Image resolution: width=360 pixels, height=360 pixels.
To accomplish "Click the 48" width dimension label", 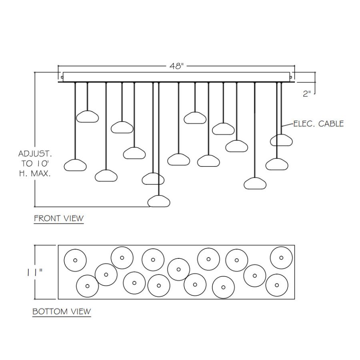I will tap(176, 66).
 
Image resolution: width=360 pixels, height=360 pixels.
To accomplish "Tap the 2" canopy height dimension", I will tap(307, 94).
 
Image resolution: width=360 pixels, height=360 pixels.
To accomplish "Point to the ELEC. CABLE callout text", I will tap(318, 124).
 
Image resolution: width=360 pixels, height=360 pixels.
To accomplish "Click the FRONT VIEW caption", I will tap(59, 218).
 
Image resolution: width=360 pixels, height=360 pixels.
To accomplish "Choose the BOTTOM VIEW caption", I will tap(62, 311).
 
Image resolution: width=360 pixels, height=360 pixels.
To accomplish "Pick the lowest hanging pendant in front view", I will tap(159, 201).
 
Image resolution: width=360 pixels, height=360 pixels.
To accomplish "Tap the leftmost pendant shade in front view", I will tap(76, 164).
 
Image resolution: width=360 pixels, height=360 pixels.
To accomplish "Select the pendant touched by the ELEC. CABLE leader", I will tap(281, 140).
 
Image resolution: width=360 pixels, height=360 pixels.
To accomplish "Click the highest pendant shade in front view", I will tap(87, 116).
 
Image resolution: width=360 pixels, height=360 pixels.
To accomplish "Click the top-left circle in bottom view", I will tap(75, 260).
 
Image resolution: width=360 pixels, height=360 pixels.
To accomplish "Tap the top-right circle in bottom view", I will tap(282, 258).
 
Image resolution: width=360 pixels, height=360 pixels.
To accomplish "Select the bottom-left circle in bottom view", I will tap(87, 286).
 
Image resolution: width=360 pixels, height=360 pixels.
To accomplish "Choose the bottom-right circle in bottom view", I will tap(276, 285).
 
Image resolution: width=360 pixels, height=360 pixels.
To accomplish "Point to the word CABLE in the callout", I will tap(330, 124).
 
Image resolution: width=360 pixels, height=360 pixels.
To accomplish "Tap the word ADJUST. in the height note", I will tap(35, 154).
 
